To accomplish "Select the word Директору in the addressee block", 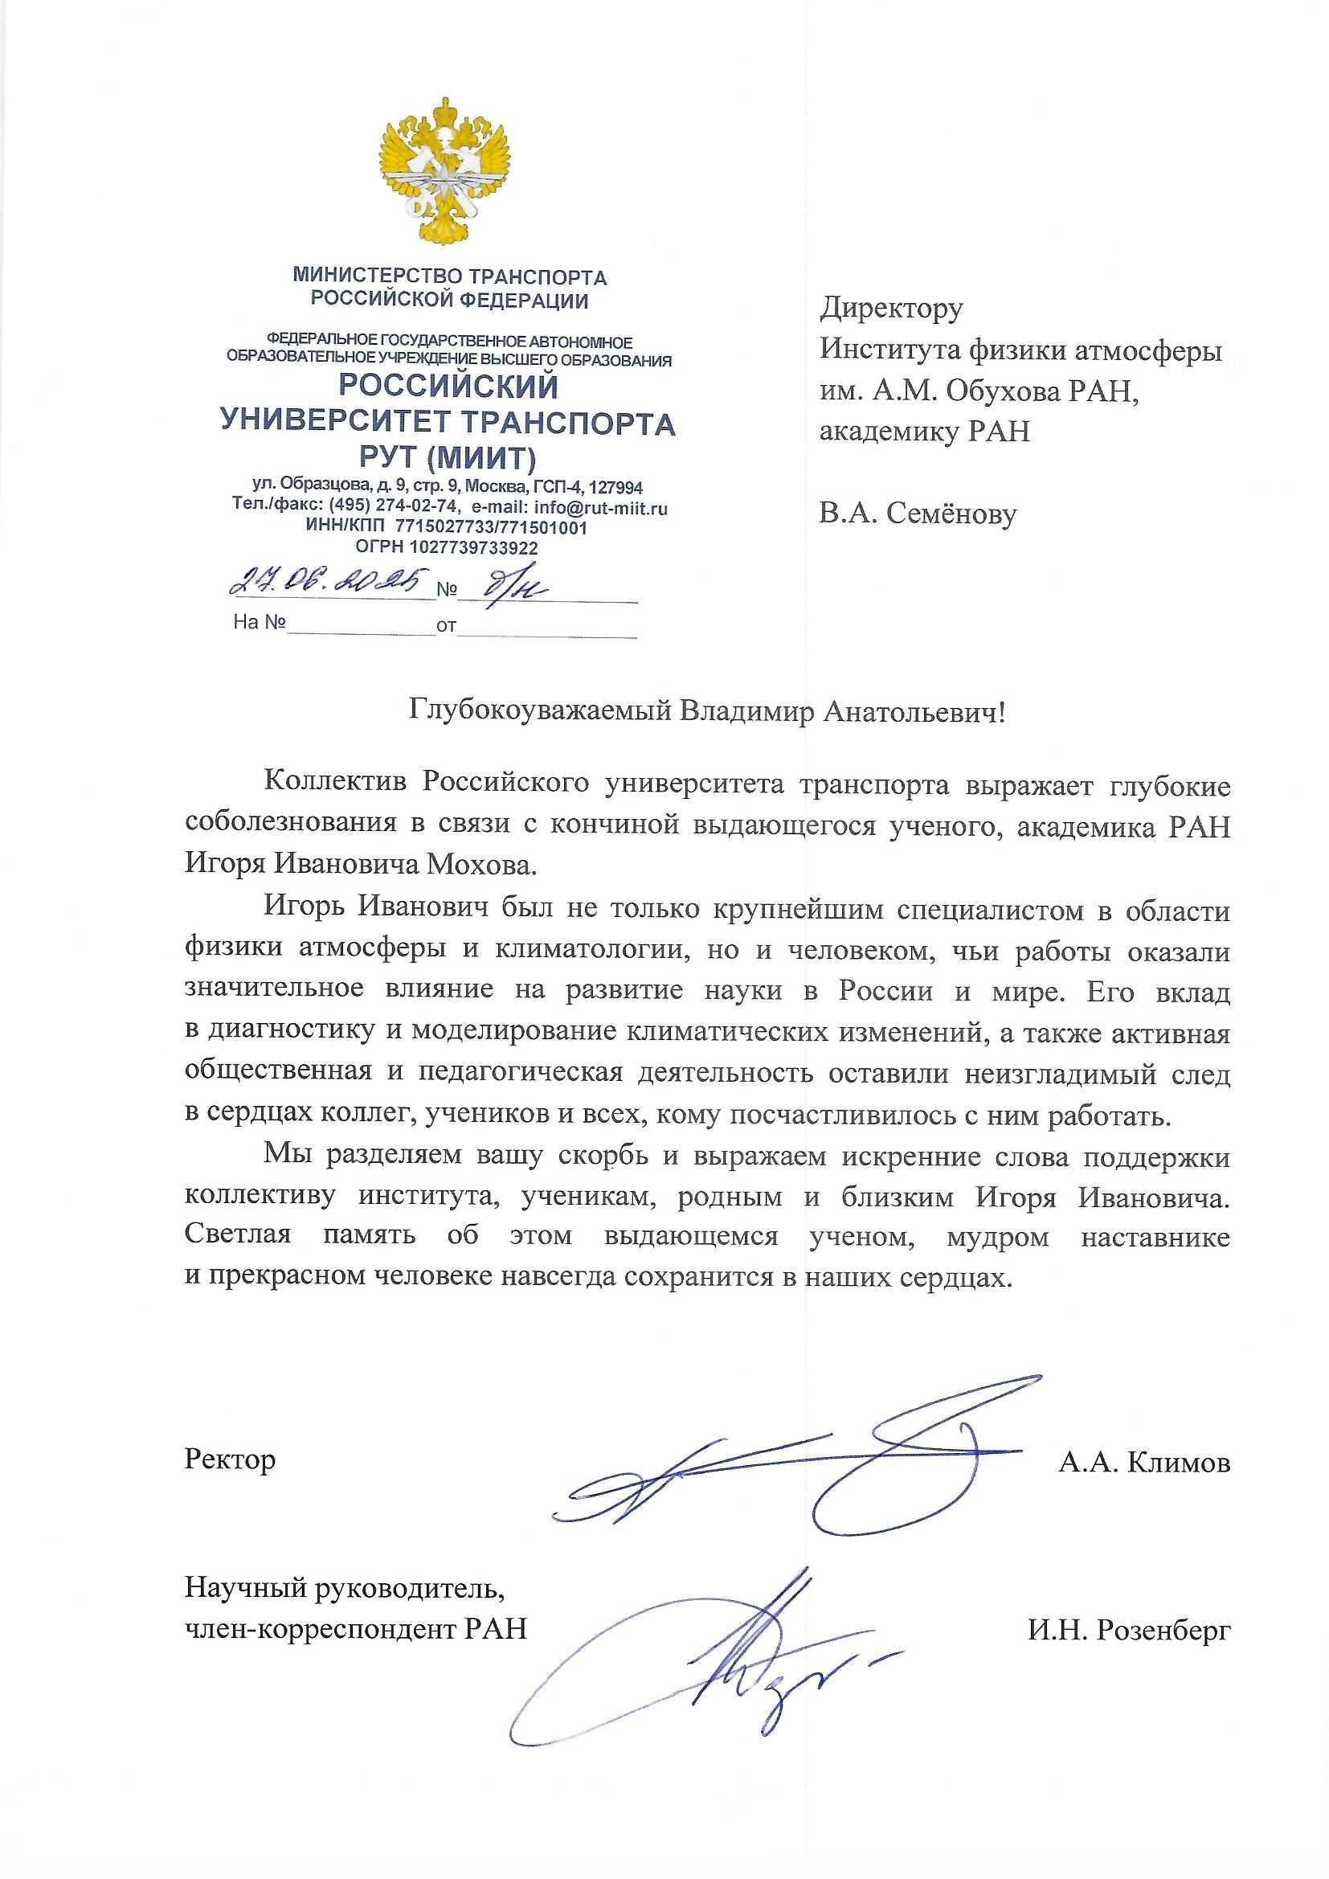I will tap(891, 309).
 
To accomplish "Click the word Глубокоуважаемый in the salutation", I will tap(540, 712).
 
